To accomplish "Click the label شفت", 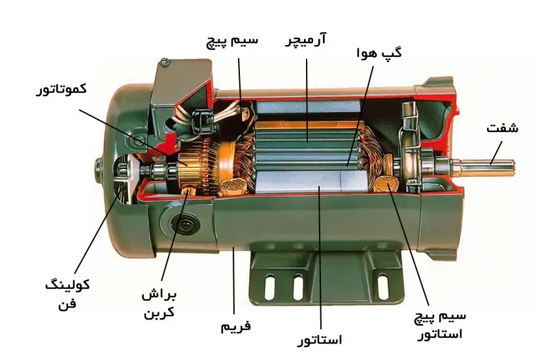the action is tap(502, 127).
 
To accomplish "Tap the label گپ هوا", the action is tap(379, 54).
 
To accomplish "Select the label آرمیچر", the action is tap(306, 40).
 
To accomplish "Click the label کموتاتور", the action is tap(61, 89).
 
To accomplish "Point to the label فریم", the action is tap(236, 325).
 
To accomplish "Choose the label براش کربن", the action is tap(160, 304).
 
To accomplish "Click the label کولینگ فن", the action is tap(67, 294).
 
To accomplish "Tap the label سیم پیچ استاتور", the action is tap(440, 325).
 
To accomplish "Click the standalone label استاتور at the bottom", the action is tap(319, 340).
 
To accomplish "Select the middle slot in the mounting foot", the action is tap(298, 287).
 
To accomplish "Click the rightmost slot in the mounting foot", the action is tap(382, 286).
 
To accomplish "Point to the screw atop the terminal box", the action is tap(165, 62).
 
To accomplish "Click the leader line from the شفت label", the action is tap(496, 153).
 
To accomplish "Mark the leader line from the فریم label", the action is tap(234, 281).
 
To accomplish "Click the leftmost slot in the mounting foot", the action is tap(270, 287).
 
